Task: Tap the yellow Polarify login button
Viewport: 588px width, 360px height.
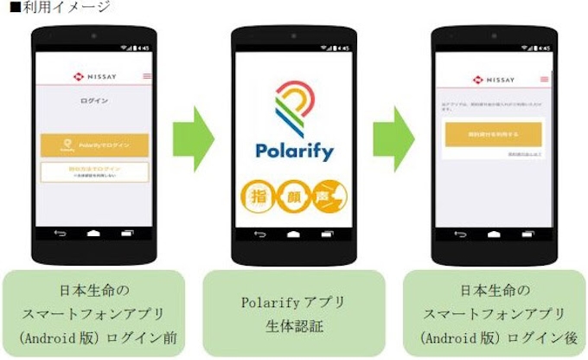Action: click(94, 145)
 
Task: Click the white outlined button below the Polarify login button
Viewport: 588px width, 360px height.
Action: click(94, 170)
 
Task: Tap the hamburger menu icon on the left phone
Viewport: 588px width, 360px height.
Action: click(145, 76)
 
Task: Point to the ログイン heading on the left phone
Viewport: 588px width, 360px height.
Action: click(93, 100)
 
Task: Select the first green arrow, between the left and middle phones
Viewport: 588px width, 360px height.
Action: click(191, 138)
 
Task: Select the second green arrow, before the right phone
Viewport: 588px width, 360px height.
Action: click(394, 138)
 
